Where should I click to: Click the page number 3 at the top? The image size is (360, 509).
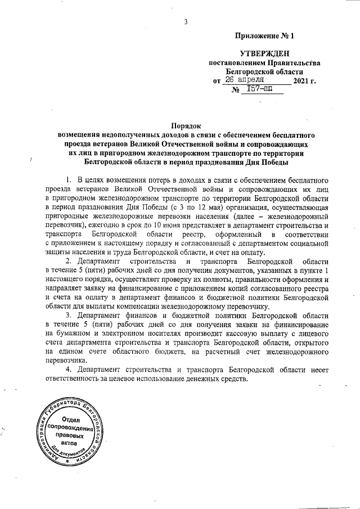coord(184,22)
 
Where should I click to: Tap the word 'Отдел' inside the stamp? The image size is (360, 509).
coord(71,420)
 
